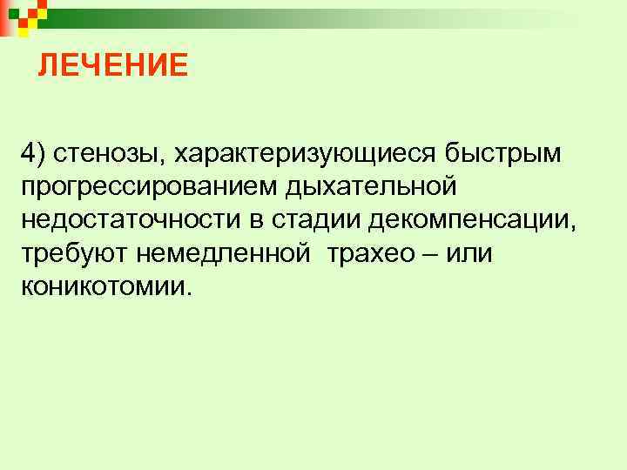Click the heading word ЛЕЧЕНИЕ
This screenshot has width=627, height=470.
[x=112, y=65]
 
